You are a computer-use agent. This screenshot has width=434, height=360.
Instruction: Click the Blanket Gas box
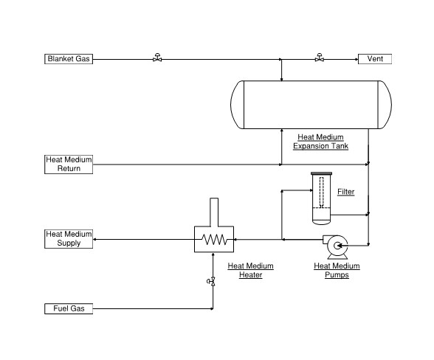tap(69, 59)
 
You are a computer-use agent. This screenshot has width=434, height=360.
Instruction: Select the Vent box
tap(375, 59)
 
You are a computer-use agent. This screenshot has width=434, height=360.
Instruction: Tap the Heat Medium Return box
tap(69, 165)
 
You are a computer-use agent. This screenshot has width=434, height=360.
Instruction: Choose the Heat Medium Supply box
tap(69, 239)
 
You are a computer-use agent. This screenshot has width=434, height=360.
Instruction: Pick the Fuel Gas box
tap(69, 308)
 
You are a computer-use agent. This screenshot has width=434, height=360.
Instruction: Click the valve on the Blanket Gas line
tap(157, 58)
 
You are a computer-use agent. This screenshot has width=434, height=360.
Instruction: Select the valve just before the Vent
tap(320, 58)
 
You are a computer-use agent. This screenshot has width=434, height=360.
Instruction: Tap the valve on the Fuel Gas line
tap(211, 281)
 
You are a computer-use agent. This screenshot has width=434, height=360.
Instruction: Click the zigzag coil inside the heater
tap(214, 239)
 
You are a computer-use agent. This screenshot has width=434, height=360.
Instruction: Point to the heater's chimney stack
tap(214, 212)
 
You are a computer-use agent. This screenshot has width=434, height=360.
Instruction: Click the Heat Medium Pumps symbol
tap(335, 247)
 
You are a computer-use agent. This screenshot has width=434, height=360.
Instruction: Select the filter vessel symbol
tap(321, 198)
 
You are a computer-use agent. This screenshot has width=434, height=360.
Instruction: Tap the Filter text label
tap(345, 192)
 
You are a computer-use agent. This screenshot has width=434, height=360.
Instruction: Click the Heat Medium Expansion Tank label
tap(320, 142)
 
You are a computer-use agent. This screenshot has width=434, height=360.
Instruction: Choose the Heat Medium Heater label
tap(250, 270)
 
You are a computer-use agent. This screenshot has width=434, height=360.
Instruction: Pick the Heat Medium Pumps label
tap(337, 270)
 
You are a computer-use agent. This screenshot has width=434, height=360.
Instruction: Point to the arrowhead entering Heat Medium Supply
tap(94, 239)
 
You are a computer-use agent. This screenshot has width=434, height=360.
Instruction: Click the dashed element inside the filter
tap(321, 193)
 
